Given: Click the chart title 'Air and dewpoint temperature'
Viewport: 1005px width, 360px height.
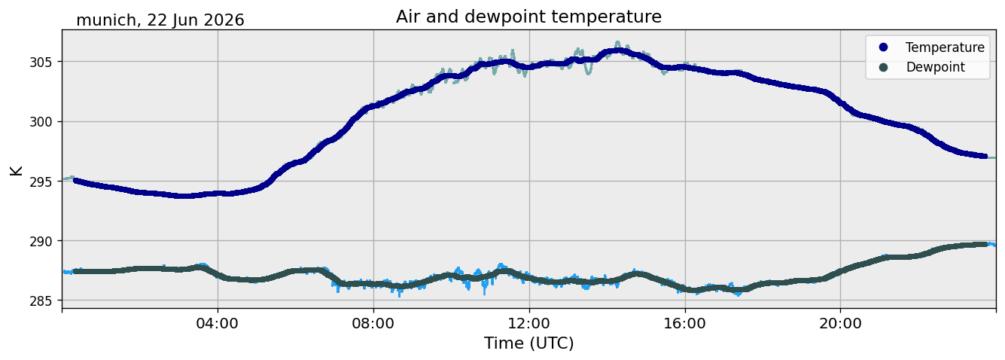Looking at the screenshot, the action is (528, 17).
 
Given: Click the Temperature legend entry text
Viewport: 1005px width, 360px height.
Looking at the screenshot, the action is (945, 47).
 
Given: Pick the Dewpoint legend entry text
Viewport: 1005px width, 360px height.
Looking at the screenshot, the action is (936, 67).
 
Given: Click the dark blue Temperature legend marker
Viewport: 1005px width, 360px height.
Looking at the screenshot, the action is (883, 47).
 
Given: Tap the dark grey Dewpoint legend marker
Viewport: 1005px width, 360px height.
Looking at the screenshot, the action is (883, 67).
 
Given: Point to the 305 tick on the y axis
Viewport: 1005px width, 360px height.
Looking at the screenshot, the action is (41, 62).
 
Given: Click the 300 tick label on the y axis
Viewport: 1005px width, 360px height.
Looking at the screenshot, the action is (41, 122).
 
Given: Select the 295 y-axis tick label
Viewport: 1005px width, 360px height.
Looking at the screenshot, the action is (41, 182).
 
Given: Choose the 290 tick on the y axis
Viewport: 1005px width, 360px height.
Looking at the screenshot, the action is (41, 241).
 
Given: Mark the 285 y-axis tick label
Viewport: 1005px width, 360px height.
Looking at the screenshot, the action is (41, 301).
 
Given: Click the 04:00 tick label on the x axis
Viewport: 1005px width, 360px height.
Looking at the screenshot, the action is (218, 323).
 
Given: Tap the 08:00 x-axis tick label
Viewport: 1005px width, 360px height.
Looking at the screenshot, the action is (373, 323).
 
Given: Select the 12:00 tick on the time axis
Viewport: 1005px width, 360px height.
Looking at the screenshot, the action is (529, 323).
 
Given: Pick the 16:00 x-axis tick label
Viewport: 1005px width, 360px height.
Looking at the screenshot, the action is (684, 323).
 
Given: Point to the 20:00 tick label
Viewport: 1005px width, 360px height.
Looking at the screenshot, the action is (840, 323).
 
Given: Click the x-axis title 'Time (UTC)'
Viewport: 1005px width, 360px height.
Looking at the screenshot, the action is (528, 343).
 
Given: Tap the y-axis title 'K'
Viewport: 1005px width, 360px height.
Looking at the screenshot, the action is (16, 170).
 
